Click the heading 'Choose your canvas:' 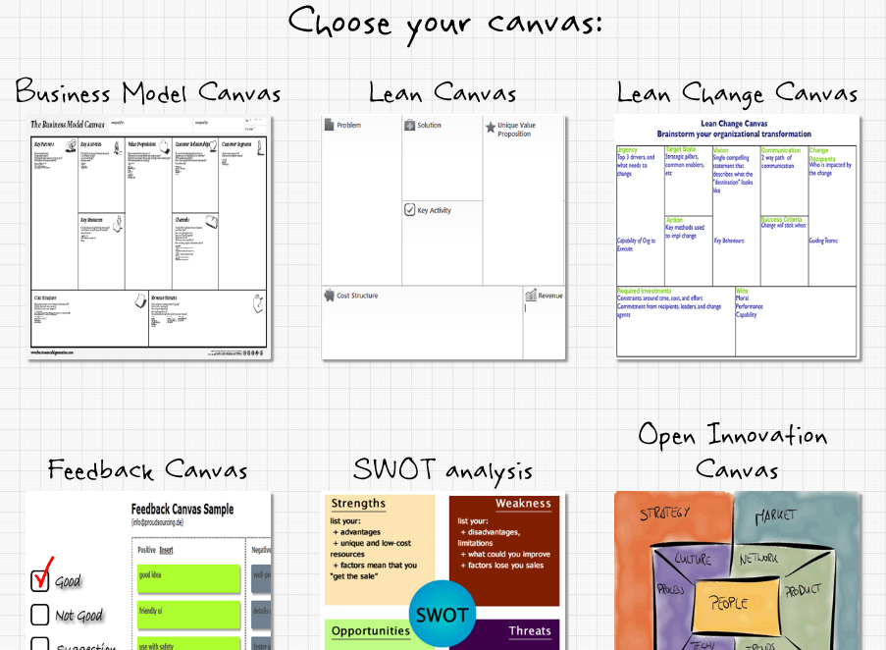[x=445, y=22]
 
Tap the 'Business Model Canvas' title [x=148, y=93]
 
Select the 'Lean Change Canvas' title [x=737, y=94]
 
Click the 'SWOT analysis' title [x=443, y=470]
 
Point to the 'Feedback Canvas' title [x=147, y=470]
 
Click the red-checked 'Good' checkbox [x=40, y=580]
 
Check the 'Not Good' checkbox [x=39, y=615]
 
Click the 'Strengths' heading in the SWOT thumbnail [x=358, y=504]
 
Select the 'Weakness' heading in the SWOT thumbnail [x=523, y=504]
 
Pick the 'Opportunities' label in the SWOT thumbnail [x=370, y=631]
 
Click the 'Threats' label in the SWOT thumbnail [x=530, y=631]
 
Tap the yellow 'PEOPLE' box [x=728, y=603]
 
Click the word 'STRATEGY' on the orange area [x=665, y=513]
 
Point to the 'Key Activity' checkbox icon [x=409, y=210]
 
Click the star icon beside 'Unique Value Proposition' [x=491, y=127]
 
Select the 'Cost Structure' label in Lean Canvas [x=357, y=296]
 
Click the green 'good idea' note [x=187, y=575]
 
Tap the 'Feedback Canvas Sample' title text [x=196, y=510]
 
